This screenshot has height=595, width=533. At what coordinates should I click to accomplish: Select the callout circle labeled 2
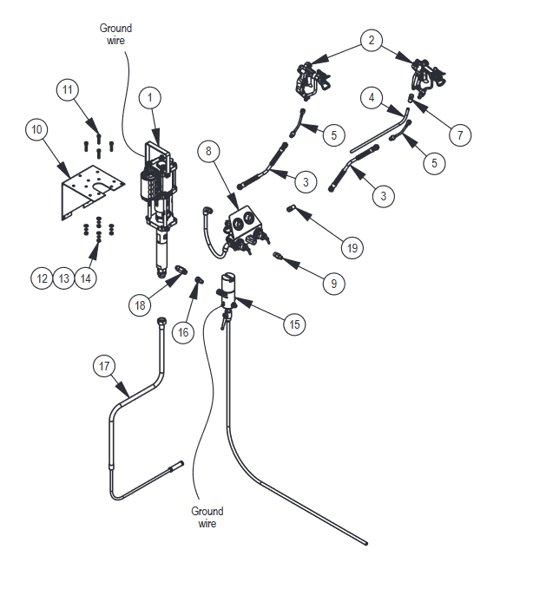(372, 41)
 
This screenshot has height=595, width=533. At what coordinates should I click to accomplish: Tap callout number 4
(371, 99)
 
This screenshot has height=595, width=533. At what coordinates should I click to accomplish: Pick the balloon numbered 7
(461, 135)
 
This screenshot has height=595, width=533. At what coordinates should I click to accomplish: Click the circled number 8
(207, 151)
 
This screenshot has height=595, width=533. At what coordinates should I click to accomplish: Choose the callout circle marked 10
(36, 131)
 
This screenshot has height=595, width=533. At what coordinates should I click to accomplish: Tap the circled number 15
(294, 324)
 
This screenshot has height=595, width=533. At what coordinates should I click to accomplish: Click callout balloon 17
(105, 366)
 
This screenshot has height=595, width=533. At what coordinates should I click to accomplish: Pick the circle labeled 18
(141, 305)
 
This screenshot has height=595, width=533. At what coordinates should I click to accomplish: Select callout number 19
(352, 248)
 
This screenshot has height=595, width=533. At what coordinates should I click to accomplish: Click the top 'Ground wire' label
(115, 33)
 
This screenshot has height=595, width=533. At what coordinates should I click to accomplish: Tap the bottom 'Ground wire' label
(207, 517)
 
